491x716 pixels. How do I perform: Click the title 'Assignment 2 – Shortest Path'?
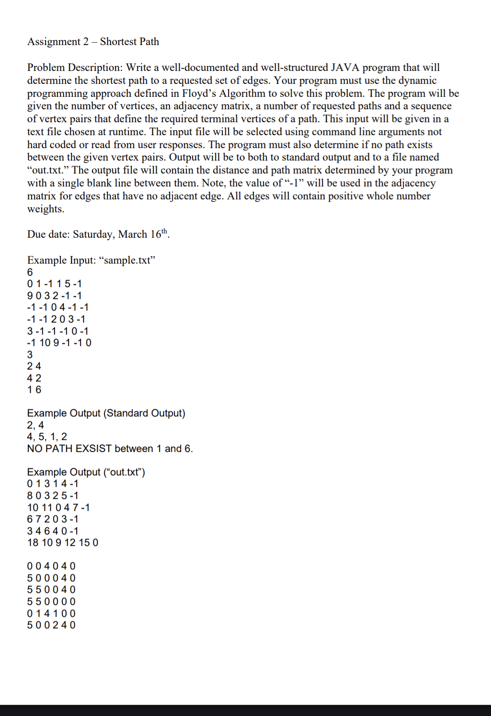click(93, 42)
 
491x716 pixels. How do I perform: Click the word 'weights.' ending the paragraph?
click(46, 209)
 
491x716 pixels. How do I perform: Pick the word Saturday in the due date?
click(93, 234)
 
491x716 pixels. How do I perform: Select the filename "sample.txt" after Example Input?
click(127, 260)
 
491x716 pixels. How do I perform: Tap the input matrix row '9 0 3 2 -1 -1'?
click(54, 296)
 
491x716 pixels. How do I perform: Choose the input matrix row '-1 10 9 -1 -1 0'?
click(59, 343)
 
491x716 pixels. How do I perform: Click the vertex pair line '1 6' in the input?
click(34, 390)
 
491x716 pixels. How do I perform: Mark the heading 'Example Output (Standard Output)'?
click(106, 413)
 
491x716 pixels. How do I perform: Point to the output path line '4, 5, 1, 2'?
click(47, 437)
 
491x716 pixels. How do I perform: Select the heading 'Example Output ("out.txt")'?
click(86, 472)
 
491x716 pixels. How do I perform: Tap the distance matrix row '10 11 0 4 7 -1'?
click(58, 508)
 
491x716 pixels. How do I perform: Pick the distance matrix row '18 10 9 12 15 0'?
click(63, 543)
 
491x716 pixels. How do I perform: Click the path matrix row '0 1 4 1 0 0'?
click(51, 613)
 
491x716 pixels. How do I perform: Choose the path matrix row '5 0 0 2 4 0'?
click(51, 625)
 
